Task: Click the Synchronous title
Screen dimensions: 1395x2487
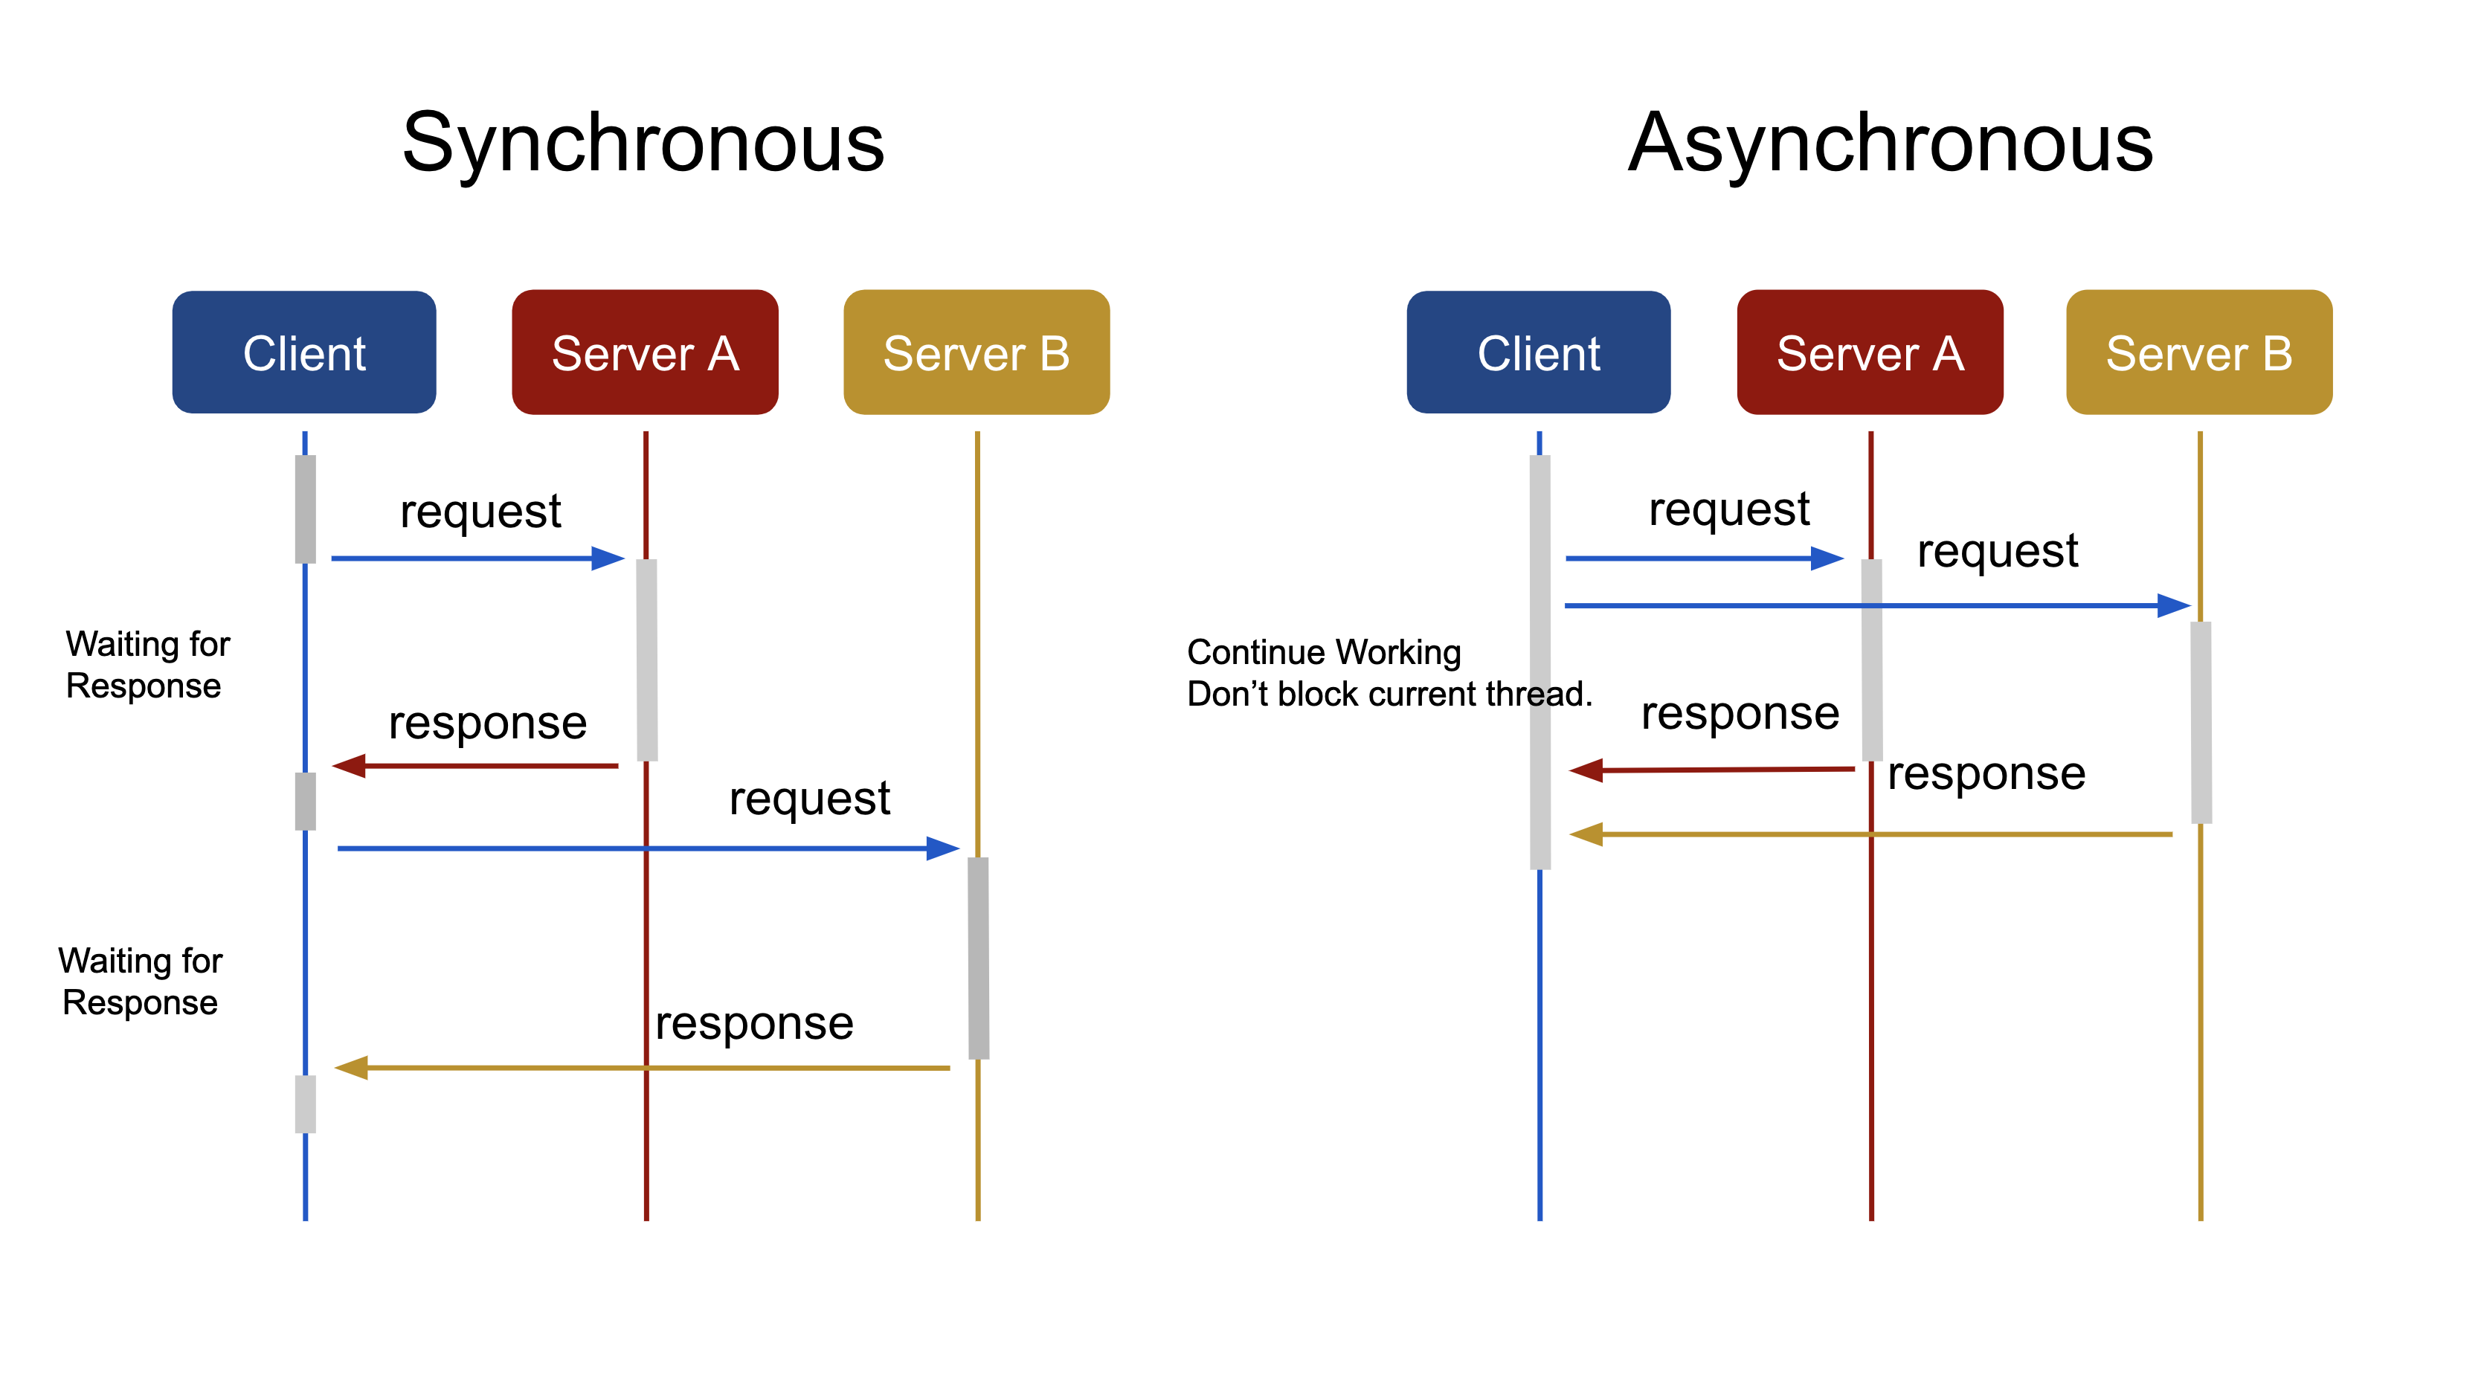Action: [x=643, y=143]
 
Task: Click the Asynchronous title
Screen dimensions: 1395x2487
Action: [x=1889, y=143]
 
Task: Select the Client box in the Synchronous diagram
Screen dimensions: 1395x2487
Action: [x=304, y=352]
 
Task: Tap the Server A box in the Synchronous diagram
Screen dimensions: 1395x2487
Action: [x=645, y=352]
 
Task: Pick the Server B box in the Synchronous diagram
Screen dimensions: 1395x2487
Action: [x=976, y=352]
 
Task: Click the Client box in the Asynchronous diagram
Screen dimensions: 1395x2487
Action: [x=1538, y=352]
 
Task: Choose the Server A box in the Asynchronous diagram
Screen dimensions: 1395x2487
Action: [x=1869, y=352]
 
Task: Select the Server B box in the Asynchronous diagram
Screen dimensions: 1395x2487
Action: [x=2198, y=352]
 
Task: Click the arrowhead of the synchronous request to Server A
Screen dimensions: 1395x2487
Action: [x=608, y=558]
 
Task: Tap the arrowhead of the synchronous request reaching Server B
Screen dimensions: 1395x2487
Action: [x=942, y=848]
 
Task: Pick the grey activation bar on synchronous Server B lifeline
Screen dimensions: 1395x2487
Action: [x=978, y=958]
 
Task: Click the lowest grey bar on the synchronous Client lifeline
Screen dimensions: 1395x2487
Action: [x=305, y=1104]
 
